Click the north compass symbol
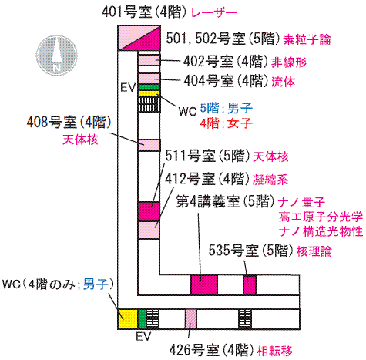(x=57, y=56)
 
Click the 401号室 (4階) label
(x=144, y=12)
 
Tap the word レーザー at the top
(x=214, y=12)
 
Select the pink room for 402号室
(x=149, y=60)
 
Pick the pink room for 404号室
(x=149, y=79)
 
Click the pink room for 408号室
(x=149, y=145)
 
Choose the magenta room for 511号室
(x=149, y=211)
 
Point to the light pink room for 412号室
(x=149, y=230)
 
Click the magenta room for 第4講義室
(x=204, y=285)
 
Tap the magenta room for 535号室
(x=250, y=285)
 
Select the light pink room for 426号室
(x=191, y=319)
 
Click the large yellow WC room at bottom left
(x=128, y=319)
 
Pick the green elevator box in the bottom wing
(x=142, y=319)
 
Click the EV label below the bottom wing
(x=143, y=336)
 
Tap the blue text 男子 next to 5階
(x=240, y=108)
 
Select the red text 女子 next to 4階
(x=240, y=123)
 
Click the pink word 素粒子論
(x=307, y=39)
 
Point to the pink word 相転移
(x=275, y=351)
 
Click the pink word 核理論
(x=314, y=251)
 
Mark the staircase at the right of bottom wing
(x=245, y=319)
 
